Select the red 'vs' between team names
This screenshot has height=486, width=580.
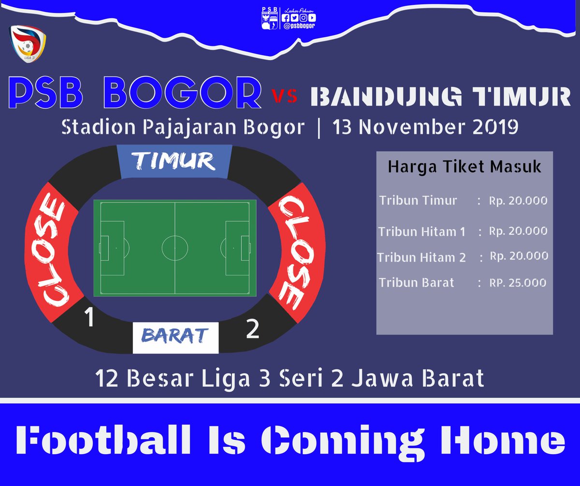point(284,96)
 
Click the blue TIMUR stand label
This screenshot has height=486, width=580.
point(174,161)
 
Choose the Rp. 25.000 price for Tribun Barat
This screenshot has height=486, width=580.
point(518,283)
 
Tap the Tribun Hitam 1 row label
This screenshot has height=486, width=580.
point(421,232)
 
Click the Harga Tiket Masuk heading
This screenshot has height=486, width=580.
point(464,167)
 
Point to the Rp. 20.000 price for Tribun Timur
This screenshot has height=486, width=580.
point(518,200)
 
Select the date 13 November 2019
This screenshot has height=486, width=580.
point(425,128)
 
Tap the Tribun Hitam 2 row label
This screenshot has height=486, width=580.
point(421,257)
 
